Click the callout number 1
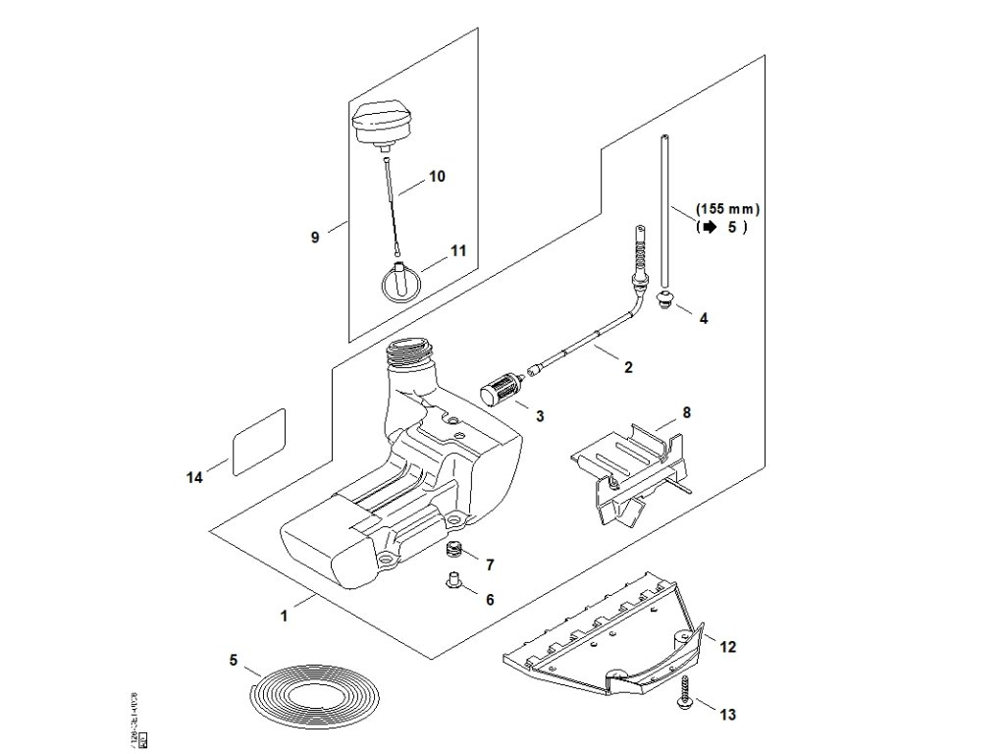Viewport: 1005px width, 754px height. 284,616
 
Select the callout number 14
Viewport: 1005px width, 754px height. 194,477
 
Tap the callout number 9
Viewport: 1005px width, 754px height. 315,237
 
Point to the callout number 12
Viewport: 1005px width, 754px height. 727,647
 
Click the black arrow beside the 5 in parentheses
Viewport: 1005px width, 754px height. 707,227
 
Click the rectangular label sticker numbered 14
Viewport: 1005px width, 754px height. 258,442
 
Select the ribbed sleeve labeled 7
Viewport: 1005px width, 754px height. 453,549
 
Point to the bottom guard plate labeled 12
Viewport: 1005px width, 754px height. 599,638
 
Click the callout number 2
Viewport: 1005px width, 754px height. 628,368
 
